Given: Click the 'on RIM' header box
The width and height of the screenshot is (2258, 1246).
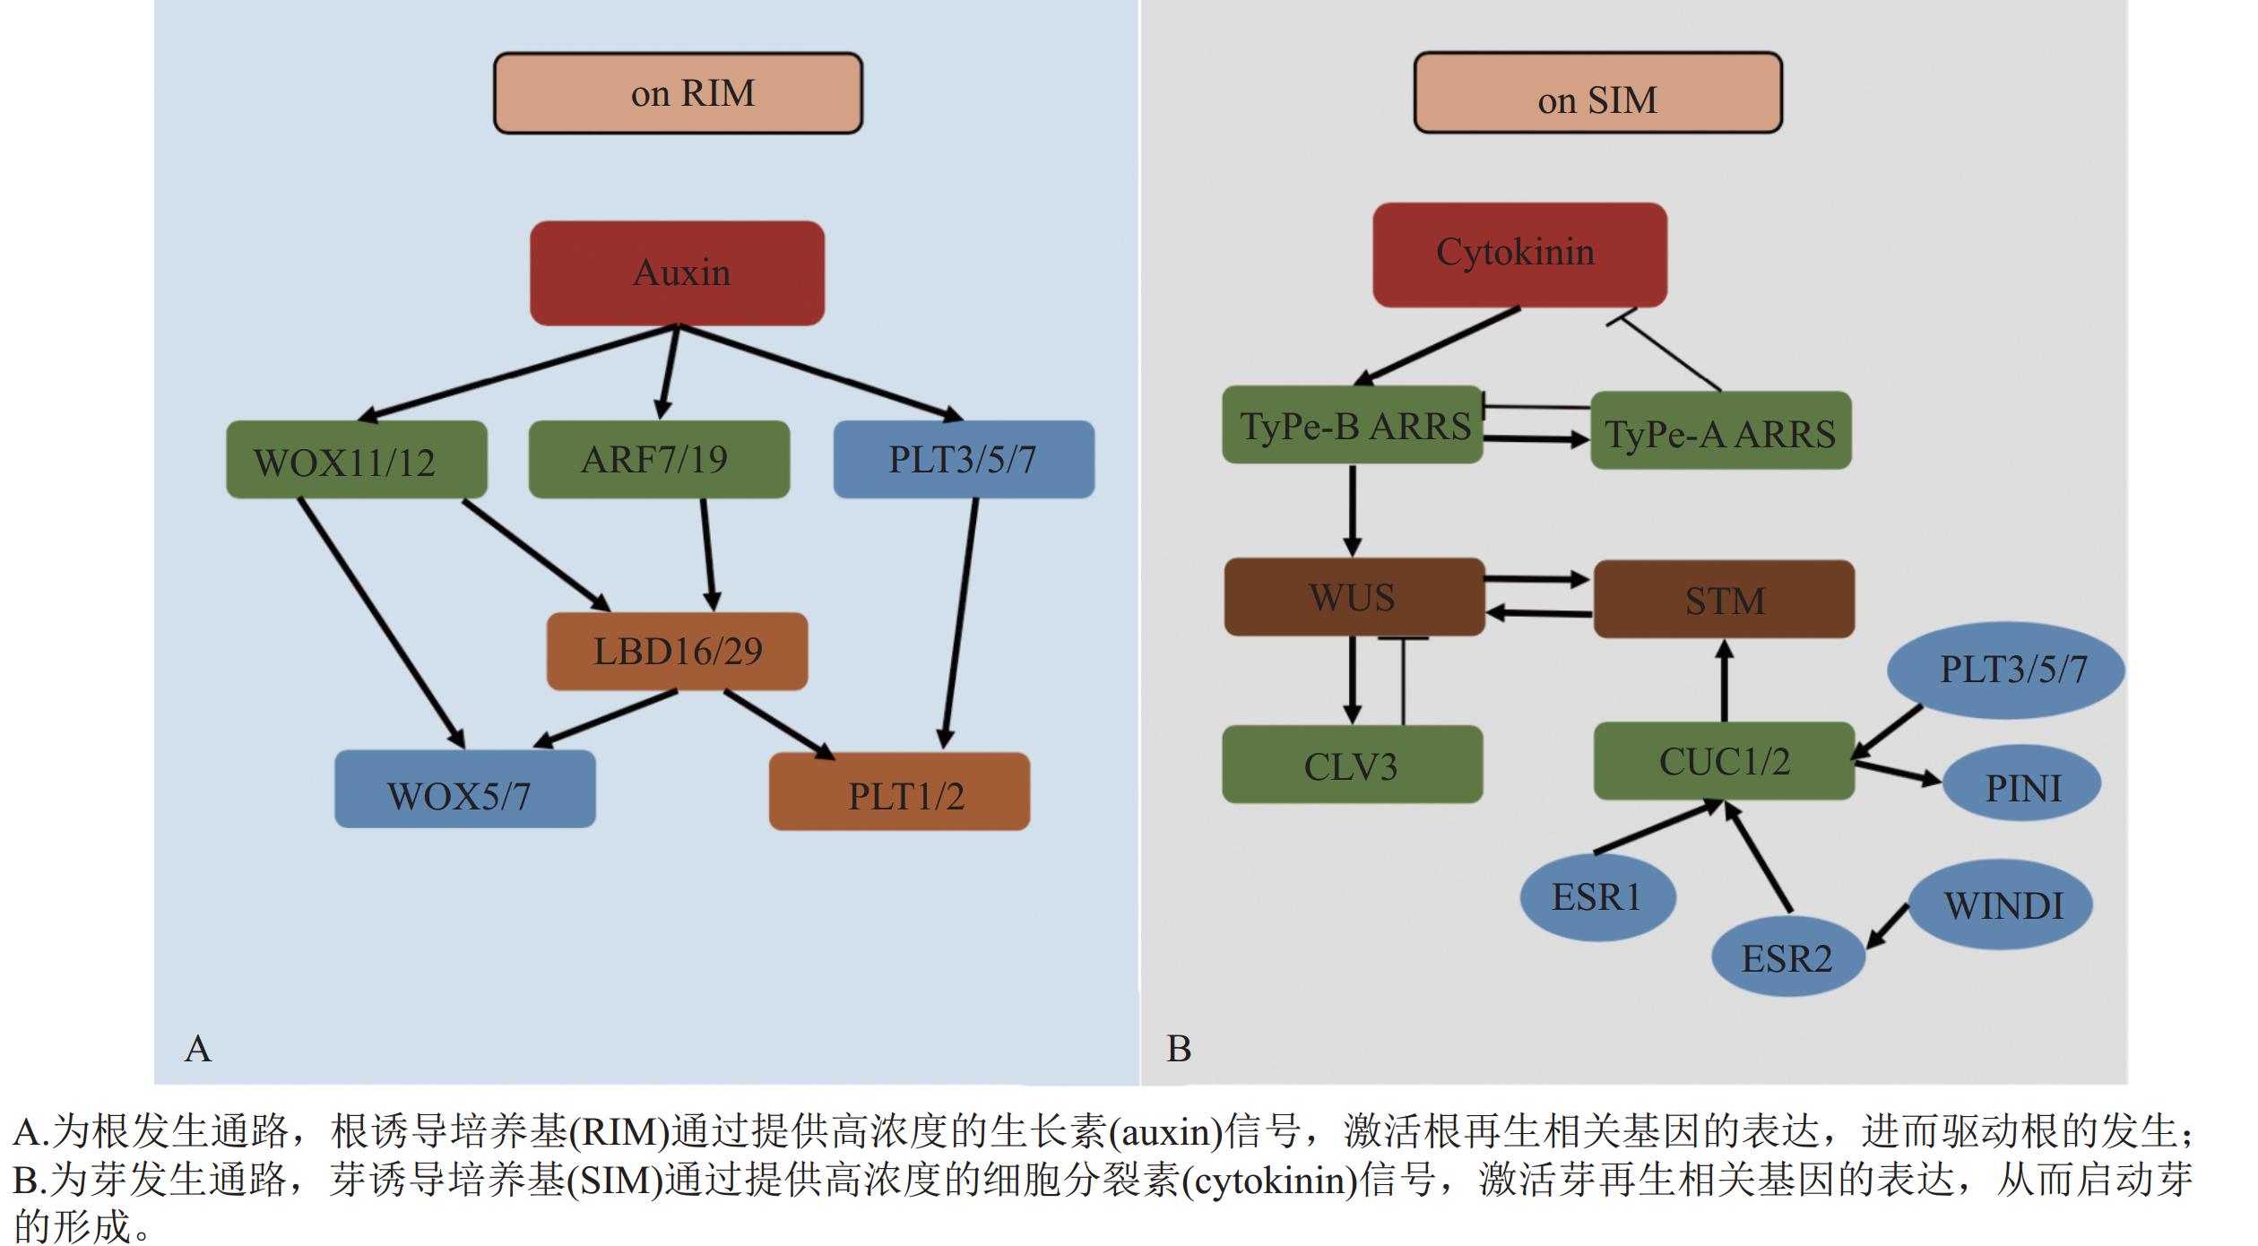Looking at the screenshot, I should click(678, 93).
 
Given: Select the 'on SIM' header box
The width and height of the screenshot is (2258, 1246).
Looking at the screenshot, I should click(1597, 93).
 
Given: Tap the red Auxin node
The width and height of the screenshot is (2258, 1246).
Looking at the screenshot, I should click(677, 273).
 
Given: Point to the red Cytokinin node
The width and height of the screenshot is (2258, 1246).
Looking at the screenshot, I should click(1519, 255).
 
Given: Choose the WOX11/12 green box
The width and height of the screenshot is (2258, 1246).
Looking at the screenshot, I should click(356, 460).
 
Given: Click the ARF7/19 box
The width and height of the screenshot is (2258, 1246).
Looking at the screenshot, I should click(659, 460).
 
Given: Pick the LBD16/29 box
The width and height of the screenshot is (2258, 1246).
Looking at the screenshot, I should click(677, 652).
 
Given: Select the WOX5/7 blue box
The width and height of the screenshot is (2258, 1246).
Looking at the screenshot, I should click(464, 789).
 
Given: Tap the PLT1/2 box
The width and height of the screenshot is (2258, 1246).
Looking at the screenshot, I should click(899, 792).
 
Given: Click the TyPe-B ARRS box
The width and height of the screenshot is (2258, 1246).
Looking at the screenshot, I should click(1352, 425).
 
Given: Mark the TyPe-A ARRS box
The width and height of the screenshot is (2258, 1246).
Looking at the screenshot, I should click(1720, 430).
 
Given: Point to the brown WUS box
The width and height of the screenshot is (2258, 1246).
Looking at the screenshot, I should click(1354, 597).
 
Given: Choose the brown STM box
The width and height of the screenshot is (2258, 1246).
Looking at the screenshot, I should click(1723, 599).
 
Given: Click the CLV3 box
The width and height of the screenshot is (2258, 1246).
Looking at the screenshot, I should click(1352, 765).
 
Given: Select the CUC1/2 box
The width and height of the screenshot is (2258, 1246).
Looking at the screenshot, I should click(1723, 761).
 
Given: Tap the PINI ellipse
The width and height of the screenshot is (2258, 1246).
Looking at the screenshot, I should click(2021, 787).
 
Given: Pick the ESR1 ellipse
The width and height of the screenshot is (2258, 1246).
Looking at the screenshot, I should click(1597, 897).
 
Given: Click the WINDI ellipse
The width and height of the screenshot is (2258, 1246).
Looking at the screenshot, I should click(2001, 905).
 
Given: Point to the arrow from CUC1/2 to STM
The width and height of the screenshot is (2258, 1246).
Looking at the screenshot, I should click(1724, 681).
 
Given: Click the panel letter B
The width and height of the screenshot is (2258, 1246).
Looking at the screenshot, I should click(1179, 1048).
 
